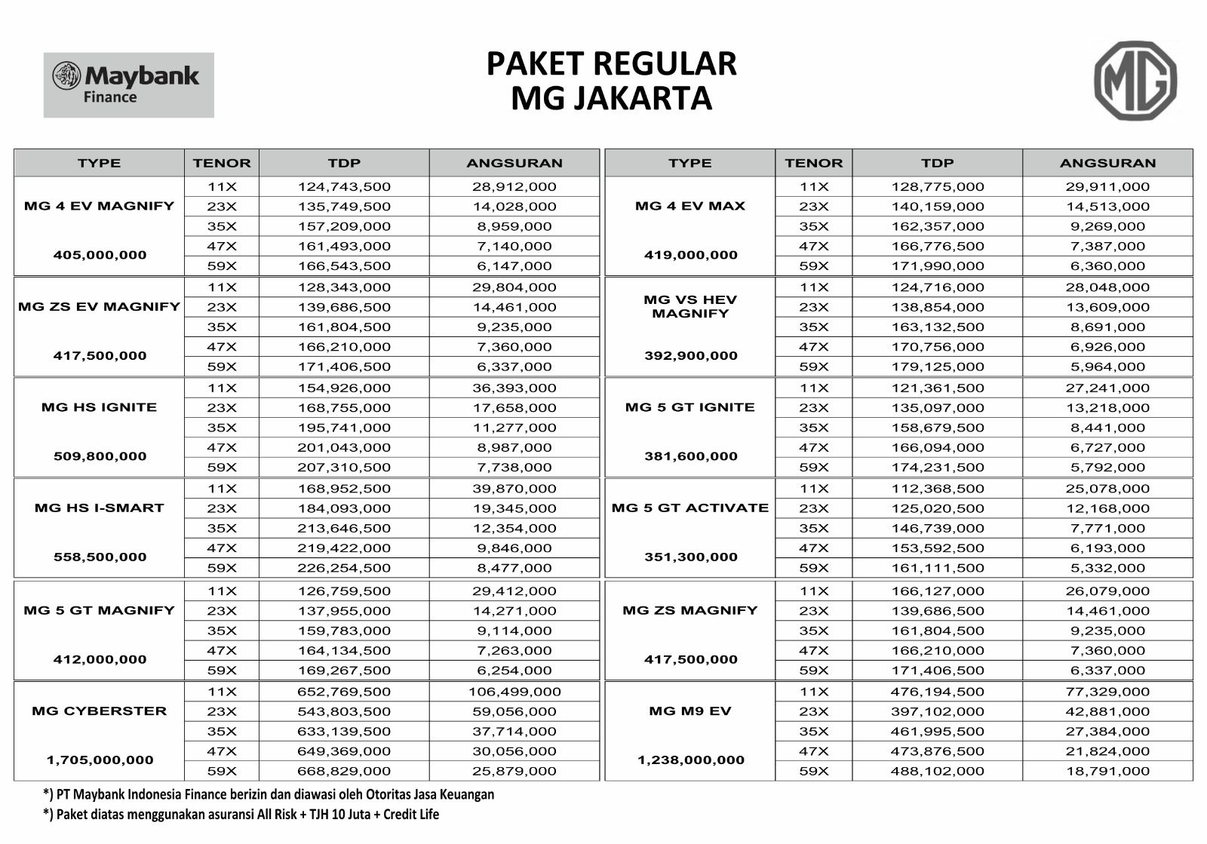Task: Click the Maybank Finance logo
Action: tap(128, 84)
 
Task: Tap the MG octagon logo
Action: tap(1135, 81)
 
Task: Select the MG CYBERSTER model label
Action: tap(99, 711)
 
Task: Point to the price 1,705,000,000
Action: tap(100, 760)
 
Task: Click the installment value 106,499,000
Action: tap(514, 692)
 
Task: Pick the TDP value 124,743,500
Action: tap(344, 186)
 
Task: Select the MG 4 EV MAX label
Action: tap(690, 206)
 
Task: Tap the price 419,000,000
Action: tap(690, 255)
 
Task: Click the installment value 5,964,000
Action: tap(1107, 367)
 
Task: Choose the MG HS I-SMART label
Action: tap(99, 508)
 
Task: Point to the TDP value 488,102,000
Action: tap(938, 771)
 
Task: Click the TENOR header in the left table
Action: tap(222, 163)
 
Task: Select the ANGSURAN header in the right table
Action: tap(1107, 163)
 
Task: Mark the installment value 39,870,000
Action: tap(514, 489)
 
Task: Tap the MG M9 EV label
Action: tap(690, 711)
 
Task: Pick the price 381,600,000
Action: tap(690, 456)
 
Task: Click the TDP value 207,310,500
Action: tap(344, 468)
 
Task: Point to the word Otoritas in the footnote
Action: tap(390, 794)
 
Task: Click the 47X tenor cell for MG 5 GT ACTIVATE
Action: tap(814, 548)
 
